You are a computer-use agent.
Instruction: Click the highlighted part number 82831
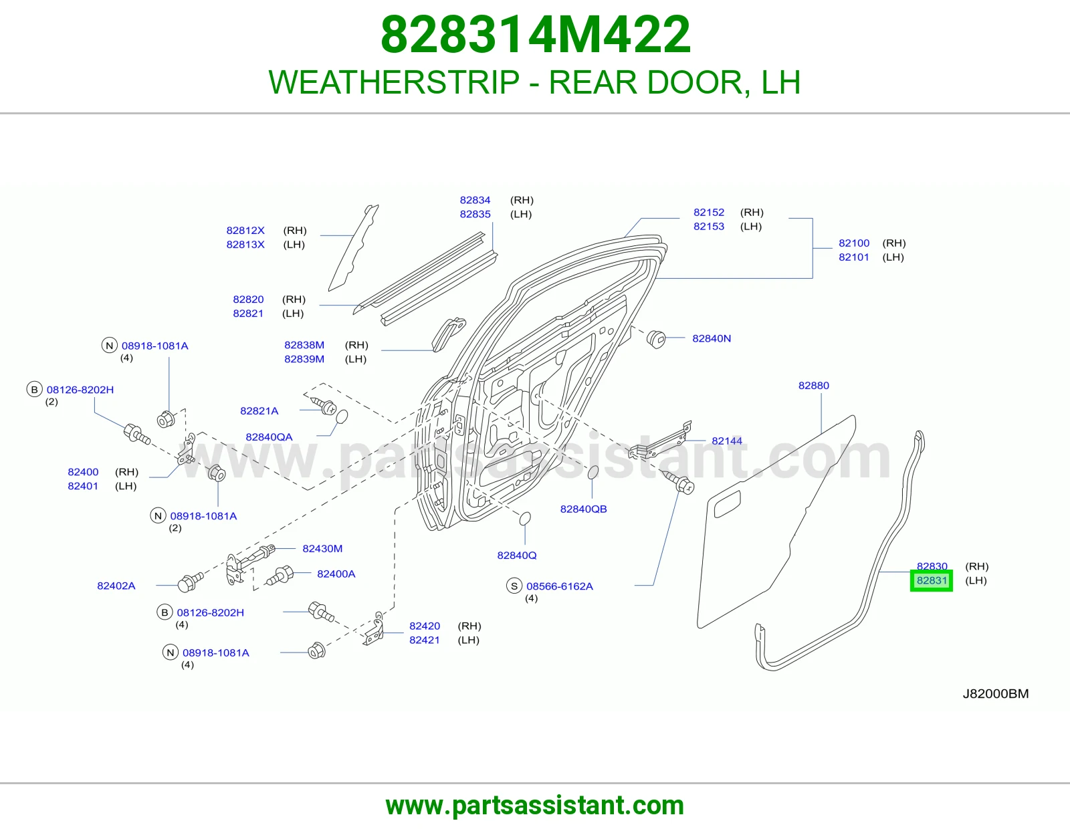[931, 580]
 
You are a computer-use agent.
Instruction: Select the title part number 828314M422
[536, 35]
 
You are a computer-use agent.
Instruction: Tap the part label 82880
[813, 386]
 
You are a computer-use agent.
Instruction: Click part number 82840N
[712, 338]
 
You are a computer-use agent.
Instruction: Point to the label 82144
[727, 441]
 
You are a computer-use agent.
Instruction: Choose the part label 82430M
[322, 548]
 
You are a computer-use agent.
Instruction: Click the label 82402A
[116, 586]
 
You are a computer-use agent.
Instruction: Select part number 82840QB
[584, 509]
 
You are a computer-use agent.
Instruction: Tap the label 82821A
[259, 410]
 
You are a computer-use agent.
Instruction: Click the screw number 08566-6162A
[560, 586]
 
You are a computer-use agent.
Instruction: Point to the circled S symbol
[514, 586]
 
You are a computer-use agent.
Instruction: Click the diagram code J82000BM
[996, 694]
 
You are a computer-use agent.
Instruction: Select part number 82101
[854, 257]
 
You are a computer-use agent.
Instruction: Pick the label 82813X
[245, 244]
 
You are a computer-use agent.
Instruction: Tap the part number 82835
[475, 214]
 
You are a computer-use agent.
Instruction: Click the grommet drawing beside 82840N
[656, 339]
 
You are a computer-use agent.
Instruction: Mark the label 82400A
[336, 574]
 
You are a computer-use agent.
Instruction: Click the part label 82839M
[304, 359]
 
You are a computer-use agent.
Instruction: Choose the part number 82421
[425, 640]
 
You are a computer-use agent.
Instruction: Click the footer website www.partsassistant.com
[535, 806]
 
